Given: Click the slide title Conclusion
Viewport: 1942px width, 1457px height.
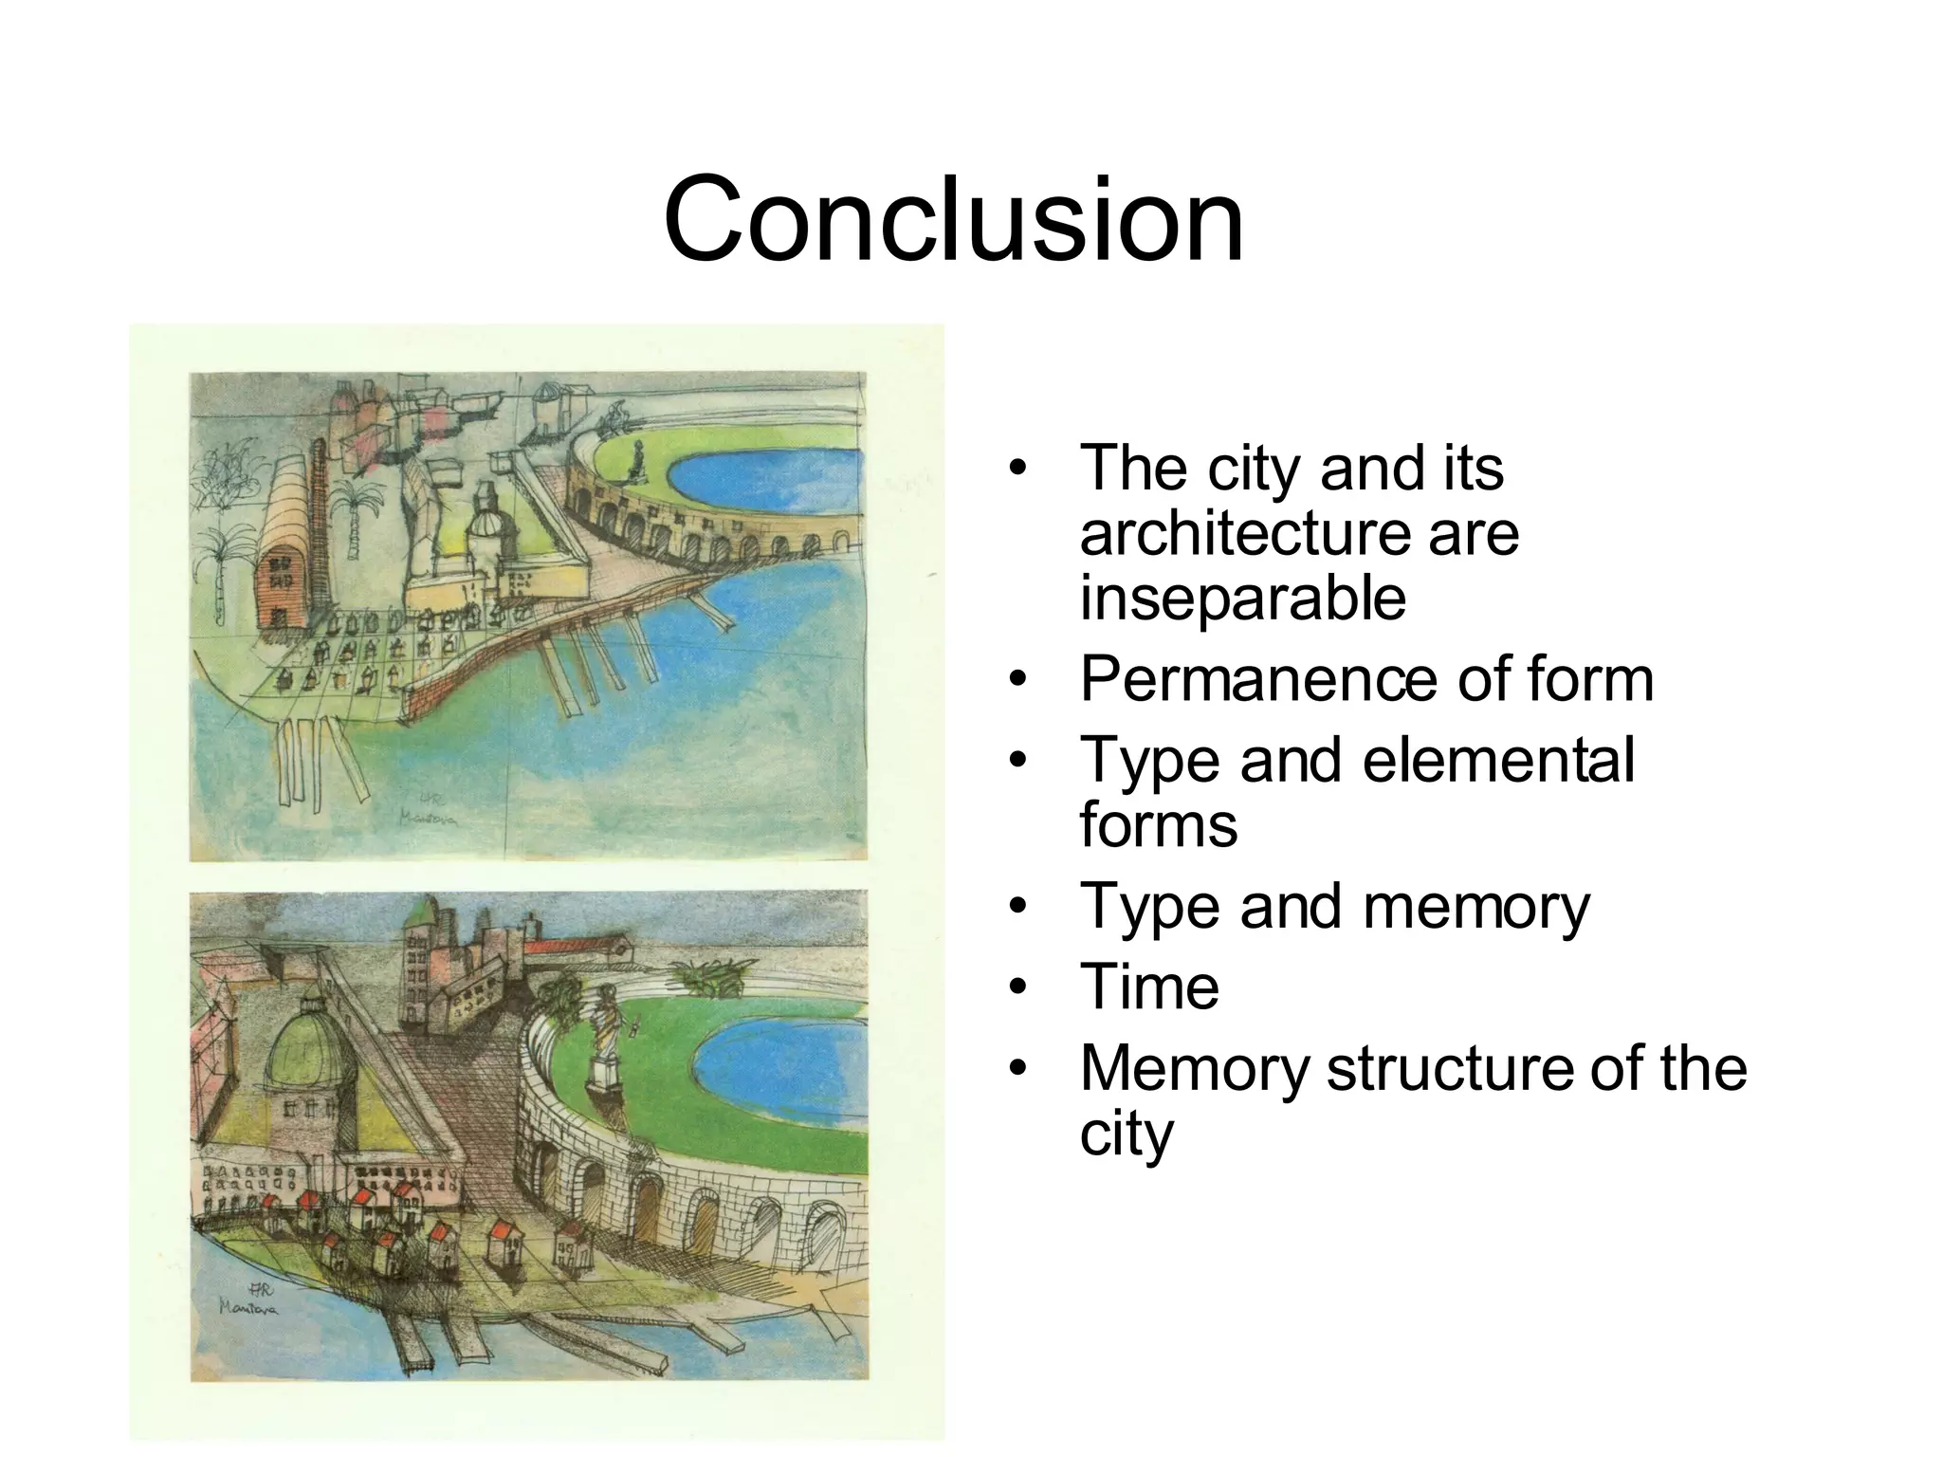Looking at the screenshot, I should click(953, 219).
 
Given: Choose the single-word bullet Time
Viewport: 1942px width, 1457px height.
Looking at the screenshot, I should click(1149, 987).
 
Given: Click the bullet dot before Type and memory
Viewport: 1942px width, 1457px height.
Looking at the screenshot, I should click(1017, 907).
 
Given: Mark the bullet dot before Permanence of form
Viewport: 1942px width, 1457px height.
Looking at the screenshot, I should click(1017, 680).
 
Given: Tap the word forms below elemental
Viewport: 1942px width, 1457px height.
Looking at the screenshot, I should click(1158, 824).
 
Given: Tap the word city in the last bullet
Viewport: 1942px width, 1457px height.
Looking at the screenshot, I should click(1126, 1134).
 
